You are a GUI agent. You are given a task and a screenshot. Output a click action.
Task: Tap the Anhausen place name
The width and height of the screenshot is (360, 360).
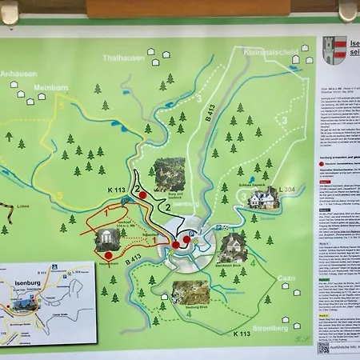point(18,74)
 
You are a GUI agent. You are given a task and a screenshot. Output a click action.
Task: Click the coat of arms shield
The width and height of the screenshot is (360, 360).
point(334,49)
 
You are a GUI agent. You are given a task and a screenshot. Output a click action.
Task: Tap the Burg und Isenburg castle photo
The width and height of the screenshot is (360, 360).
point(169,174)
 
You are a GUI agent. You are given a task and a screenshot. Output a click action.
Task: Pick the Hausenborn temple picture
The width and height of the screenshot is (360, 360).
point(107,240)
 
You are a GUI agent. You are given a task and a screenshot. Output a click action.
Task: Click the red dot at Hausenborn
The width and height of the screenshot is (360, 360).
point(108,255)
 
